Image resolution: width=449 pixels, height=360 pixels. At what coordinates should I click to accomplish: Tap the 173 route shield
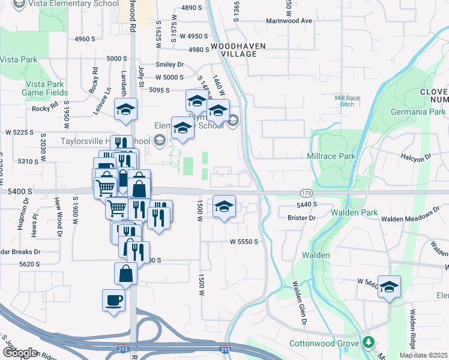tap(306, 193)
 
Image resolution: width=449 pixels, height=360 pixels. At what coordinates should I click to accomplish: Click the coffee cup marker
tap(114, 300)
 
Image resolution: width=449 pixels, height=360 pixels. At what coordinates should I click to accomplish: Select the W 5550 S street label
tap(243, 241)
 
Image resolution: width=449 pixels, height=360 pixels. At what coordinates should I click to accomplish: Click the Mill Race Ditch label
tap(346, 100)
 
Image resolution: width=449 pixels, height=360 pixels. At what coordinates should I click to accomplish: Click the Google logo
tap(19, 353)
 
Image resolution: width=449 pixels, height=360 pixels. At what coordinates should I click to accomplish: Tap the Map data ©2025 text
tap(424, 355)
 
